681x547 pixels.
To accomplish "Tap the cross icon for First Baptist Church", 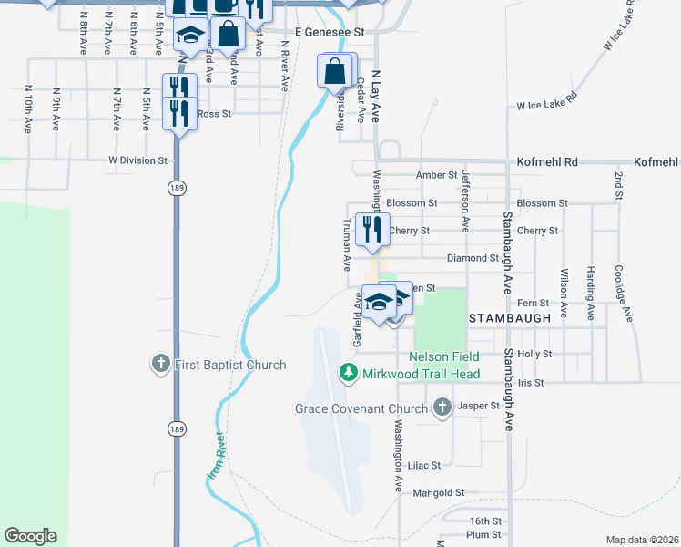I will click(x=160, y=365).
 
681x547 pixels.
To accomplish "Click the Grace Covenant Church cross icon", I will click(x=442, y=407).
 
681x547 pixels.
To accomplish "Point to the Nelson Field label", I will click(x=443, y=356).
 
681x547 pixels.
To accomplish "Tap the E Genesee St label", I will click(x=323, y=31).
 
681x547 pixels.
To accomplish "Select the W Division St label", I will click(x=138, y=160).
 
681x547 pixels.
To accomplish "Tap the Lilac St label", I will click(x=424, y=465).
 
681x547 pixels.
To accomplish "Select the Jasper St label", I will click(x=479, y=406).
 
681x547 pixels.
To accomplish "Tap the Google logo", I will click(x=30, y=536).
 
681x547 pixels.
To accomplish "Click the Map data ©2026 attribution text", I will click(x=643, y=540).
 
